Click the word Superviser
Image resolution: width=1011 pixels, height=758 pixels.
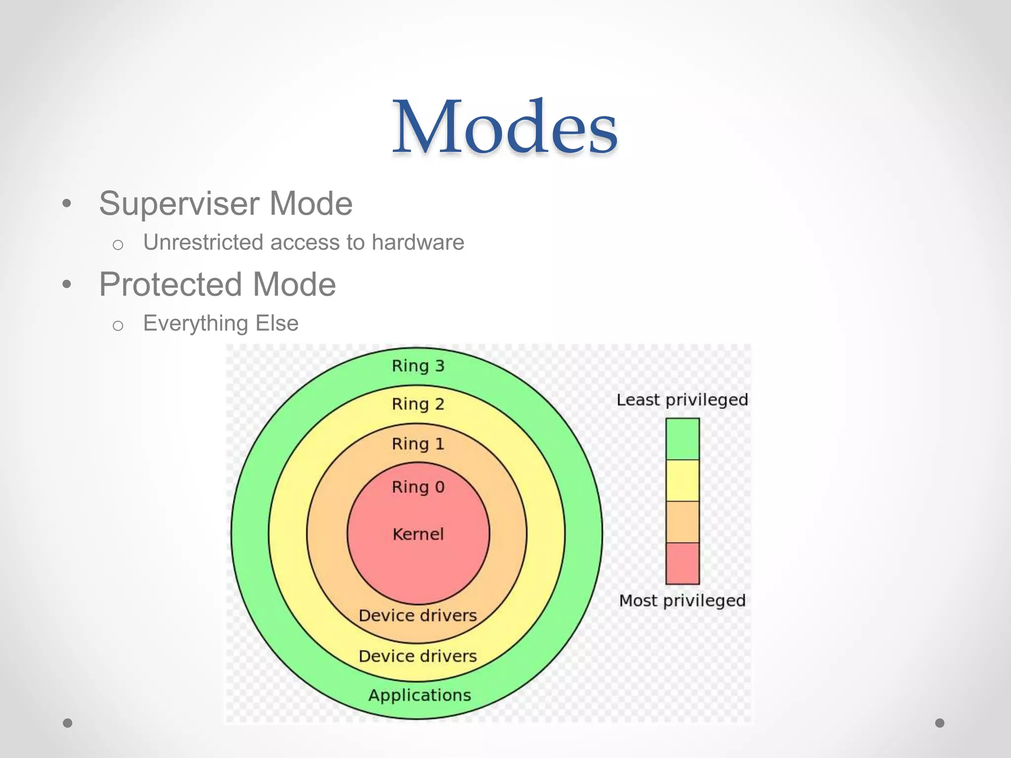click(179, 204)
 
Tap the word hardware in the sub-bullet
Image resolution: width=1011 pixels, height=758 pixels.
click(418, 242)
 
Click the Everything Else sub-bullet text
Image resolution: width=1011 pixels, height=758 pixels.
click(221, 324)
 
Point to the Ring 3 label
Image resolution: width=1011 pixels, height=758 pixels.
click(418, 366)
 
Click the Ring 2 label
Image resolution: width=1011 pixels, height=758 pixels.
click(418, 404)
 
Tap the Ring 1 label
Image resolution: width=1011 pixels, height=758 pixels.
click(418, 444)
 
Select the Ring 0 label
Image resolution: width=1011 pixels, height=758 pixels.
click(418, 487)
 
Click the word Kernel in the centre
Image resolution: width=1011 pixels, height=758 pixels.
click(418, 534)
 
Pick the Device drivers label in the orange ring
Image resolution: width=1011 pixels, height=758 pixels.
click(418, 615)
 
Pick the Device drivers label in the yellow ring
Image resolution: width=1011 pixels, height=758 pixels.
click(418, 656)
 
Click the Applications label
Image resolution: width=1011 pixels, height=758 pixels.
click(420, 695)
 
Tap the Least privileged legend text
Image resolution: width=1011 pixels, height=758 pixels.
click(682, 400)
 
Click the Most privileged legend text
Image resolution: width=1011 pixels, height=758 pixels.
click(682, 601)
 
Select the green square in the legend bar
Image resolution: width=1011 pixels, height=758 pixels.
click(682, 439)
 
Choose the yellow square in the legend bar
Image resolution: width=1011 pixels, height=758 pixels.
click(682, 480)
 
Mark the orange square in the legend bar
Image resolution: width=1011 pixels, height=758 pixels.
click(682, 522)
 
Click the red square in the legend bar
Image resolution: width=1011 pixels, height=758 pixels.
click(682, 563)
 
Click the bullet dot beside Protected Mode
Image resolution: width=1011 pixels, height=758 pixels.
click(67, 285)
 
